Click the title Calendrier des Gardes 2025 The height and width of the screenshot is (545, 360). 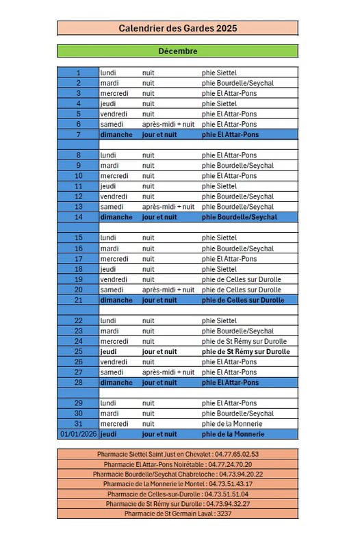pyautogui.click(x=177, y=28)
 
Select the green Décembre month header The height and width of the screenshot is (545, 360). pyautogui.click(x=177, y=51)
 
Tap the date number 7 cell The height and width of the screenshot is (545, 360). pyautogui.click(x=78, y=135)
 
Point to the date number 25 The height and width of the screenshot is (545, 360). pyautogui.click(x=78, y=352)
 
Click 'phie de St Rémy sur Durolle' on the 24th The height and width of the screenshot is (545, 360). pyautogui.click(x=244, y=342)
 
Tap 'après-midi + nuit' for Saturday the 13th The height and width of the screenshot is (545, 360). pyautogui.click(x=168, y=207)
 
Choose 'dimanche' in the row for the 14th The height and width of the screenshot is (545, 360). pyautogui.click(x=116, y=217)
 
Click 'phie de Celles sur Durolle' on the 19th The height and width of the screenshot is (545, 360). pyautogui.click(x=241, y=279)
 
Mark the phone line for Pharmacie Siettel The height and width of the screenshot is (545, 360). pyautogui.click(x=177, y=454)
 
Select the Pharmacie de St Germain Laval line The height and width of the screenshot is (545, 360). pyautogui.click(x=177, y=514)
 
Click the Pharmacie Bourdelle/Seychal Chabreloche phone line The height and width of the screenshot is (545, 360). pyautogui.click(x=177, y=474)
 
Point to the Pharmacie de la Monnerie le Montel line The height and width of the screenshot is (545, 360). pyautogui.click(x=177, y=483)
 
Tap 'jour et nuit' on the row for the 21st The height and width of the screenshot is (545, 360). pyautogui.click(x=159, y=300)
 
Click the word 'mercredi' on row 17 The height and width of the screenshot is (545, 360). pyautogui.click(x=114, y=259)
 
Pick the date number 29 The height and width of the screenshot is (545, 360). pyautogui.click(x=78, y=403)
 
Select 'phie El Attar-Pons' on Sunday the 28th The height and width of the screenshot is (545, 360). pyautogui.click(x=230, y=383)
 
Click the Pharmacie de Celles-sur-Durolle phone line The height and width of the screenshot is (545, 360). pyautogui.click(x=177, y=494)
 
